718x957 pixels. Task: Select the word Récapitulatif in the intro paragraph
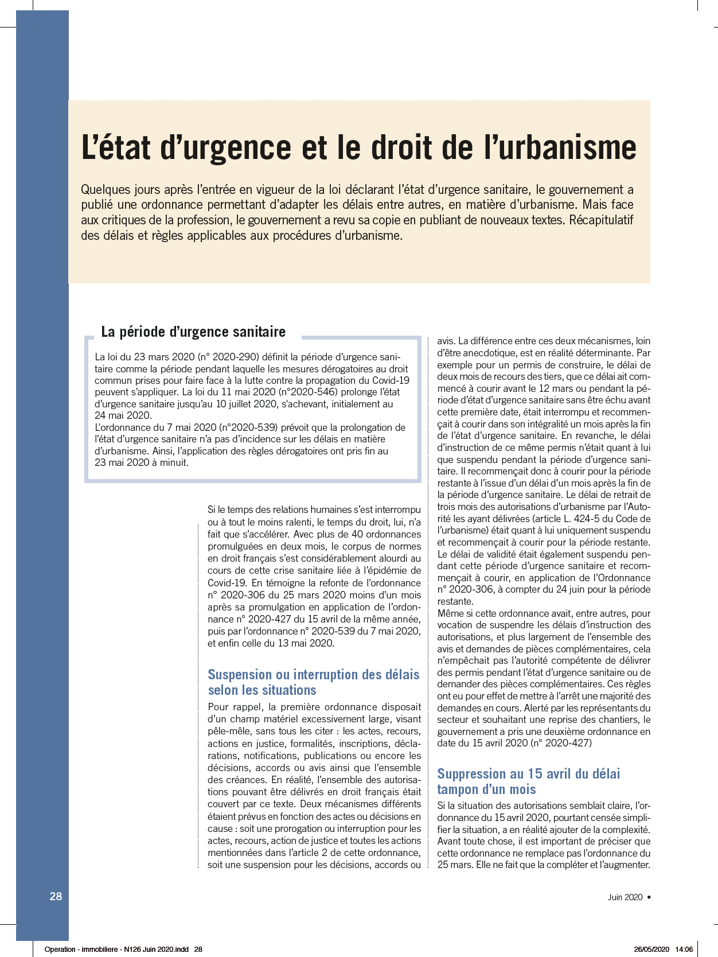(601, 220)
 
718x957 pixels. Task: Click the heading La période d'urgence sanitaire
(193, 332)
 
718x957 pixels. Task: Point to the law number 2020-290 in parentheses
(236, 357)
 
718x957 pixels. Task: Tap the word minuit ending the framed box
(173, 462)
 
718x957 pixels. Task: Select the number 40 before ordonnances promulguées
(357, 534)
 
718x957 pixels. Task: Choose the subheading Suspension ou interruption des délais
(313, 674)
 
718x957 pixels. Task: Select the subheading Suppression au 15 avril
(528, 773)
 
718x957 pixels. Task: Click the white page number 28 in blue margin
(56, 896)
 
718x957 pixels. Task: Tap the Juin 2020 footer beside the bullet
(625, 897)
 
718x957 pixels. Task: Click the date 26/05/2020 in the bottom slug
(651, 949)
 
